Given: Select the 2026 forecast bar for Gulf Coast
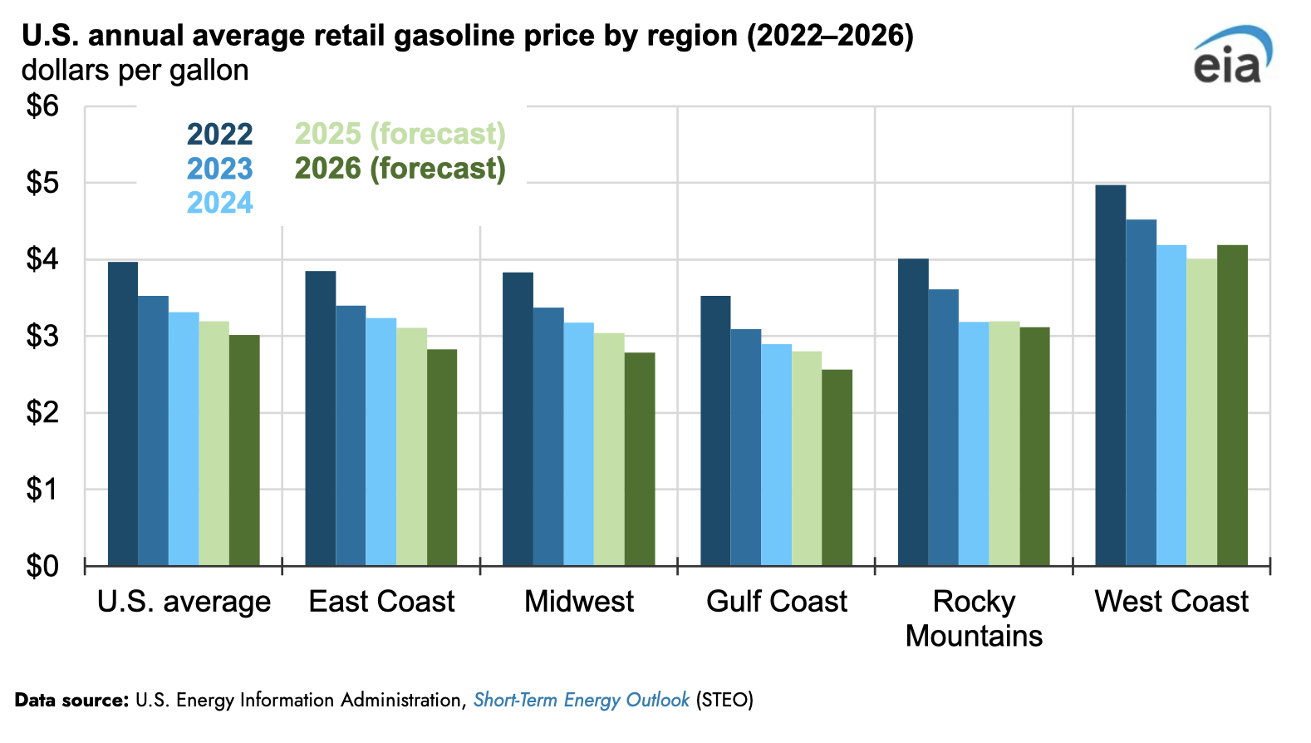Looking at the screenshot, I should pos(837,468).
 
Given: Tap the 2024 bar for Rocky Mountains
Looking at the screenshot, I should pos(974,444).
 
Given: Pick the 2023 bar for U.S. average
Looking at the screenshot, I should pos(153,431).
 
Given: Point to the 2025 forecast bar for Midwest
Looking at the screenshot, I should pos(609,450).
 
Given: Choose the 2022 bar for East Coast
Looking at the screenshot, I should pos(320,418).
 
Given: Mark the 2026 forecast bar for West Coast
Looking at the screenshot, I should pos(1232,406).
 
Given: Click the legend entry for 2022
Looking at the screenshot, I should pos(219,134).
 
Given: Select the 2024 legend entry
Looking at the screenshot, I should pos(219,203).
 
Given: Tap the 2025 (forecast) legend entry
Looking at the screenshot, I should pos(400,134).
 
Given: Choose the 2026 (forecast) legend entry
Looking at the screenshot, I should pos(400,169).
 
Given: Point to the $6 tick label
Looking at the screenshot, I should pos(42,106).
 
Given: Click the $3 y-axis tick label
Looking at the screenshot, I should pos(42,337).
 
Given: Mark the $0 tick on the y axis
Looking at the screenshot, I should pos(42,566).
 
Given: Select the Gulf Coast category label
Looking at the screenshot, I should pos(776,601).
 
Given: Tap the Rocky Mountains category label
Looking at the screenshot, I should pos(974,618).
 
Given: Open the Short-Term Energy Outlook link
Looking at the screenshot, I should pos(581,700).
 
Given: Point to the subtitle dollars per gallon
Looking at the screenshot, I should pos(135,71).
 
